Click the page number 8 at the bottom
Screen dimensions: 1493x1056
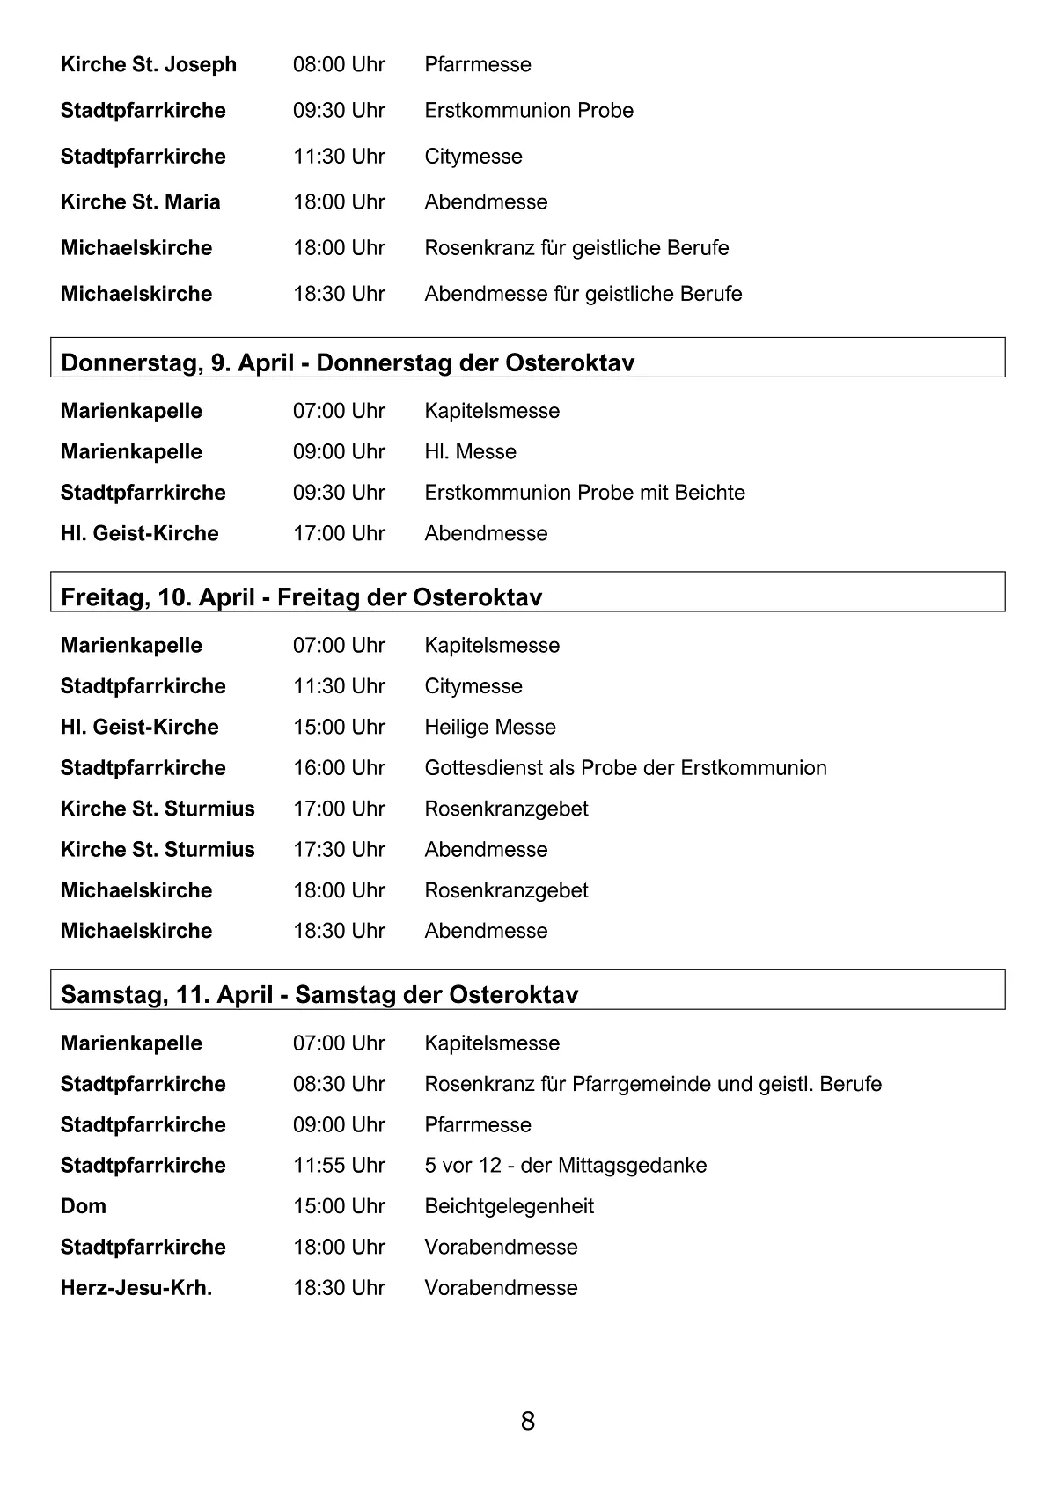(x=527, y=1421)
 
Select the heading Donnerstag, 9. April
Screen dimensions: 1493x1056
(x=348, y=362)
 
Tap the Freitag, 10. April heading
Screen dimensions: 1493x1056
(x=301, y=597)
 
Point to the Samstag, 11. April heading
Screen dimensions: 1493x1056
(x=319, y=994)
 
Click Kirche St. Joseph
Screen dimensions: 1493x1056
(x=148, y=64)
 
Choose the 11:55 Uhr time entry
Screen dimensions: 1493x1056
(x=339, y=1165)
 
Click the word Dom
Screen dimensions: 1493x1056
(x=83, y=1205)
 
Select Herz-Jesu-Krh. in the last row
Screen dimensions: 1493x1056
(x=136, y=1287)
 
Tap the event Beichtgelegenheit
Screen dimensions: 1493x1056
(x=509, y=1205)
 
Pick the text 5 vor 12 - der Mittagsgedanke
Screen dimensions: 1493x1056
(x=565, y=1165)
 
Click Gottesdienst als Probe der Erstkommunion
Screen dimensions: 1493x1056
(x=625, y=767)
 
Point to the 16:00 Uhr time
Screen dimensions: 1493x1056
(x=339, y=767)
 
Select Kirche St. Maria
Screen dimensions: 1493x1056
(x=140, y=201)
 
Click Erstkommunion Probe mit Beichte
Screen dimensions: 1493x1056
(x=584, y=492)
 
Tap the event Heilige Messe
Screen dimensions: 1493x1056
(x=489, y=727)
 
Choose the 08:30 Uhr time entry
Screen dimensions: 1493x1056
(x=339, y=1083)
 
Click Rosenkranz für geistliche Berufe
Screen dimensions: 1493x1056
(x=576, y=247)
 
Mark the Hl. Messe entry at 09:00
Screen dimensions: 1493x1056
(x=470, y=451)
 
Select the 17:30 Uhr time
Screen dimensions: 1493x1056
(x=339, y=849)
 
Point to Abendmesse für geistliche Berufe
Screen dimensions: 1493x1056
(x=583, y=293)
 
